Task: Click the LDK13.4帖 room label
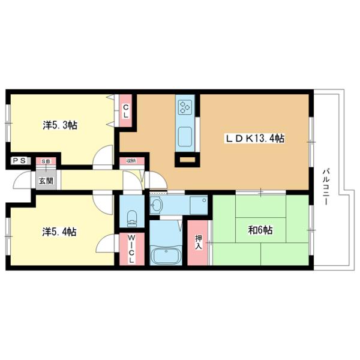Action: [255, 139]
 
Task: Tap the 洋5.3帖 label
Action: [59, 125]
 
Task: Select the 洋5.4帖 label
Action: [59, 231]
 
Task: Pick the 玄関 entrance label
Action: [46, 180]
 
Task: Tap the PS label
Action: [18, 161]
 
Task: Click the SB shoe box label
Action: [46, 161]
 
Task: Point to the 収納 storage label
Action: [130, 161]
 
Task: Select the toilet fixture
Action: [133, 216]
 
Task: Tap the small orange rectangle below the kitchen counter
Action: [187, 160]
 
